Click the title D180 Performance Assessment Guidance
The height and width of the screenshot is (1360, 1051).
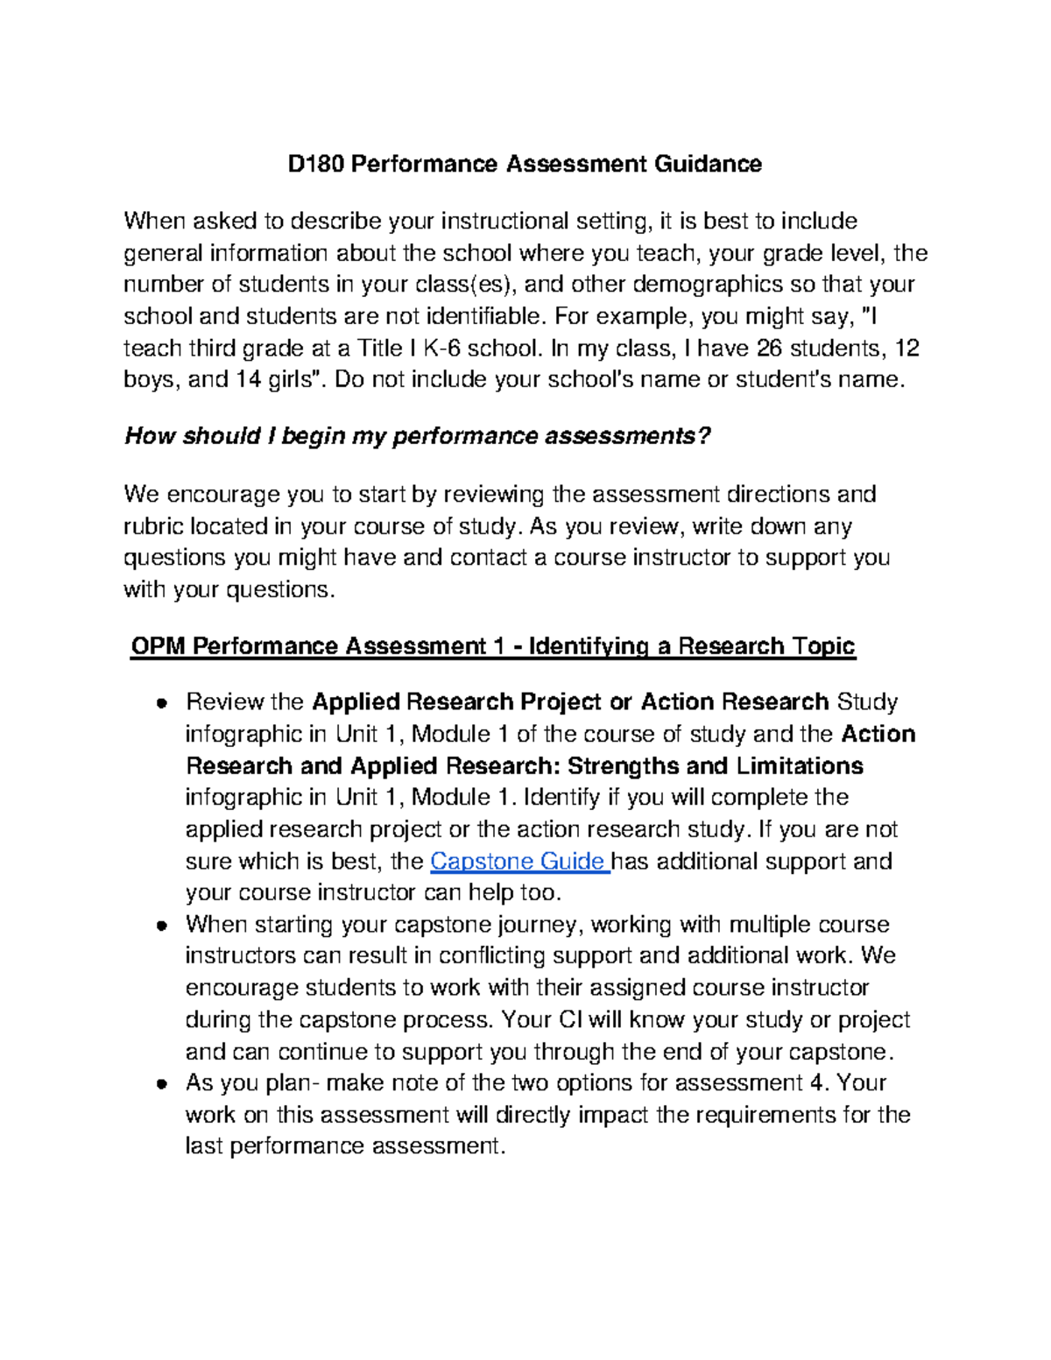coord(525,164)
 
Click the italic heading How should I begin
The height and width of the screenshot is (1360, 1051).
coord(417,436)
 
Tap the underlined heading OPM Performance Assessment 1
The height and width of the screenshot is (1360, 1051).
coord(492,646)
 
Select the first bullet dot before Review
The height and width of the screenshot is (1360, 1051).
coord(161,702)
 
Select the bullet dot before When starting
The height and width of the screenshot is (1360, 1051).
coord(161,926)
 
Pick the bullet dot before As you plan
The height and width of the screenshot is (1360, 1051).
coord(161,1083)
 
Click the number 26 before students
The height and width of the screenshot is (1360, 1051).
coord(768,348)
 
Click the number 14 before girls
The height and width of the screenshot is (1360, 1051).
coord(248,379)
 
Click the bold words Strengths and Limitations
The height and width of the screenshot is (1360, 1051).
coord(715,765)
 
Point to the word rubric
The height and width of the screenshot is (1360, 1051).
coord(153,526)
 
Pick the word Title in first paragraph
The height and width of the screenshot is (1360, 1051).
coord(379,348)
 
